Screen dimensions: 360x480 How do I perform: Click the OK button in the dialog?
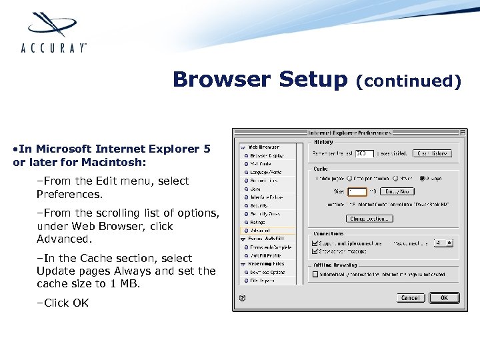click(443, 298)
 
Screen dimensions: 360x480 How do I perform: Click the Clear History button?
click(432, 153)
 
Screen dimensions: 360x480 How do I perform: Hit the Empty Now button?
click(397, 191)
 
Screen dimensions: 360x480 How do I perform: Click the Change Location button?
click(369, 219)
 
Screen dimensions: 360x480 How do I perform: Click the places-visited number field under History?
click(364, 153)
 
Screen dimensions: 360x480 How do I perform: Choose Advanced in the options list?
click(260, 231)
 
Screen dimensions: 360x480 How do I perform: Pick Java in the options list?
click(256, 189)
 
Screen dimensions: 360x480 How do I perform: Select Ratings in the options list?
click(258, 222)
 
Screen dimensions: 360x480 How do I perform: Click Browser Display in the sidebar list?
click(267, 155)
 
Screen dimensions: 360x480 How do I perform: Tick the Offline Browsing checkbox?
click(315, 274)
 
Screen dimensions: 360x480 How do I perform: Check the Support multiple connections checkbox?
click(315, 243)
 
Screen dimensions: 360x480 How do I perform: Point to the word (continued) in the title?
click(408, 81)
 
